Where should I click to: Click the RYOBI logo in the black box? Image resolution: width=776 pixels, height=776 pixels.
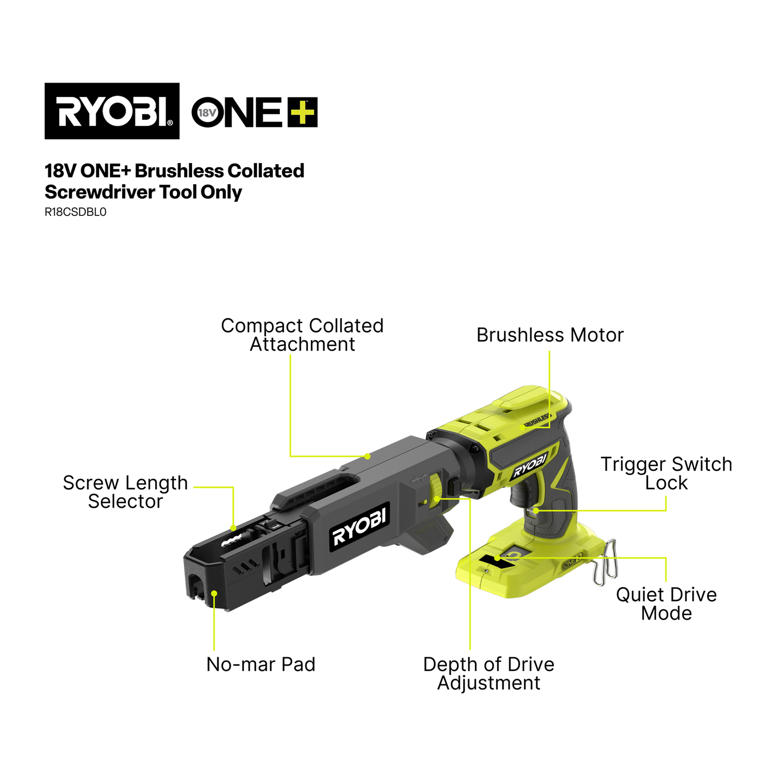(112, 111)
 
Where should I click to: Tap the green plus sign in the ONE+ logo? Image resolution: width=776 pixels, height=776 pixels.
(303, 112)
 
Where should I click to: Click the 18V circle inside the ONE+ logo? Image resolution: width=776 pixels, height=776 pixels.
(207, 113)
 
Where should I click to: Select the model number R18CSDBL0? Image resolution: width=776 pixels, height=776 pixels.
(76, 212)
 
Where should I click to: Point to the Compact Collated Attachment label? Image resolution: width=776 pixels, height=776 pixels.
(302, 335)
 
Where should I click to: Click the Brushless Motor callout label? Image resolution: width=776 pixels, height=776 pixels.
(550, 335)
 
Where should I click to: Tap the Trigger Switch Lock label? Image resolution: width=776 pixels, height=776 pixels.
(666, 473)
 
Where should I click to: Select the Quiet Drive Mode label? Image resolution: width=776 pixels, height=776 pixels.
(666, 604)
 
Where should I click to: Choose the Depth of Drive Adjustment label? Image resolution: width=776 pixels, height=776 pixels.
(489, 674)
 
